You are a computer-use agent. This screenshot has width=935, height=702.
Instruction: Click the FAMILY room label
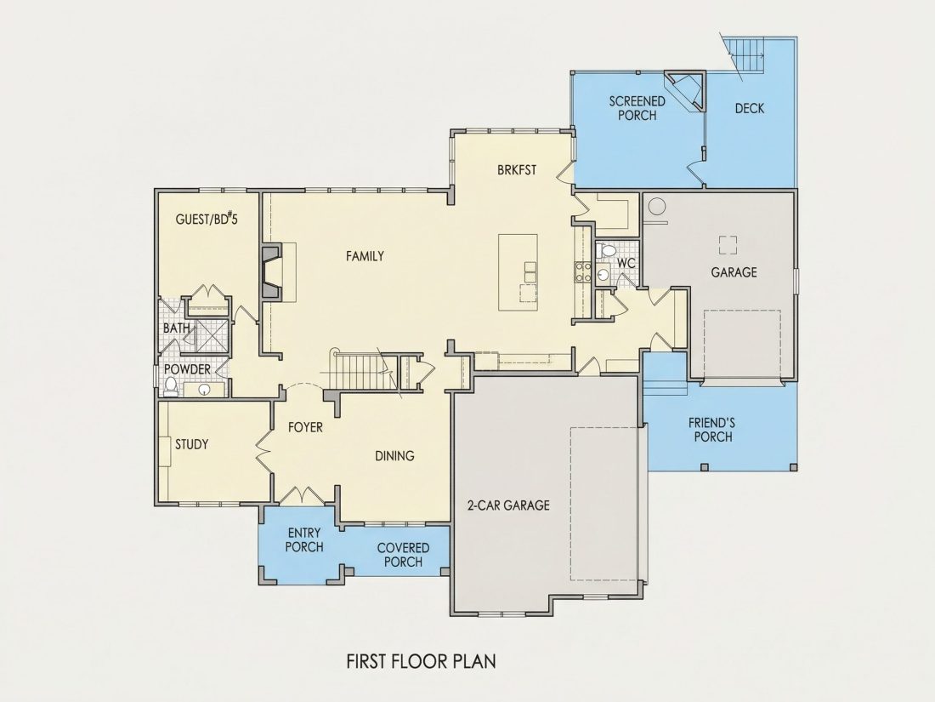pyautogui.click(x=365, y=256)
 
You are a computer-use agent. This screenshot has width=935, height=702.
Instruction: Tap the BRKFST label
pyautogui.click(x=517, y=170)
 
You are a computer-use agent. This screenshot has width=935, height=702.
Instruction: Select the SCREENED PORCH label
pyautogui.click(x=637, y=108)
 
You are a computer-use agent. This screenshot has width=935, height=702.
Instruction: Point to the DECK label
pyautogui.click(x=750, y=108)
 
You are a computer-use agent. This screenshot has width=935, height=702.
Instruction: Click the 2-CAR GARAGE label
pyautogui.click(x=508, y=505)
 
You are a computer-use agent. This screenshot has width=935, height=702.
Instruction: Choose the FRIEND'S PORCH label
pyautogui.click(x=712, y=430)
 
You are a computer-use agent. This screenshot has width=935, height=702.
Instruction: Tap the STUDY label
pyautogui.click(x=191, y=445)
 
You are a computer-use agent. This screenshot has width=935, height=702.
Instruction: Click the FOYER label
pyautogui.click(x=305, y=427)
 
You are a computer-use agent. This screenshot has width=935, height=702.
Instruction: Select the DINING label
pyautogui.click(x=394, y=456)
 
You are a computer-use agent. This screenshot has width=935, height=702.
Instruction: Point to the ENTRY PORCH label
pyautogui.click(x=304, y=539)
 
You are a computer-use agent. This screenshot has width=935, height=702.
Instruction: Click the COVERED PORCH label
pyautogui.click(x=403, y=555)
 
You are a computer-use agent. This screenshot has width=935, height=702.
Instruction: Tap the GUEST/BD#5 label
pyautogui.click(x=207, y=219)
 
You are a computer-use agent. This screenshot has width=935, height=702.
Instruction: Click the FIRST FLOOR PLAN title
pyautogui.click(x=421, y=661)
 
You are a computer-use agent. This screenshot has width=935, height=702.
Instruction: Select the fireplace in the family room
pyautogui.click(x=271, y=272)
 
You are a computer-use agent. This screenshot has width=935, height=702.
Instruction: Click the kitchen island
pyautogui.click(x=518, y=272)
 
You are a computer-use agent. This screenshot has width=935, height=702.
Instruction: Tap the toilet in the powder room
pyautogui.click(x=171, y=387)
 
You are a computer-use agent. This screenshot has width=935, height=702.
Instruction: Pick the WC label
pyautogui.click(x=626, y=263)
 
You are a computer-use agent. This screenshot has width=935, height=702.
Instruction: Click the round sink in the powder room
pyautogui.click(x=205, y=391)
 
